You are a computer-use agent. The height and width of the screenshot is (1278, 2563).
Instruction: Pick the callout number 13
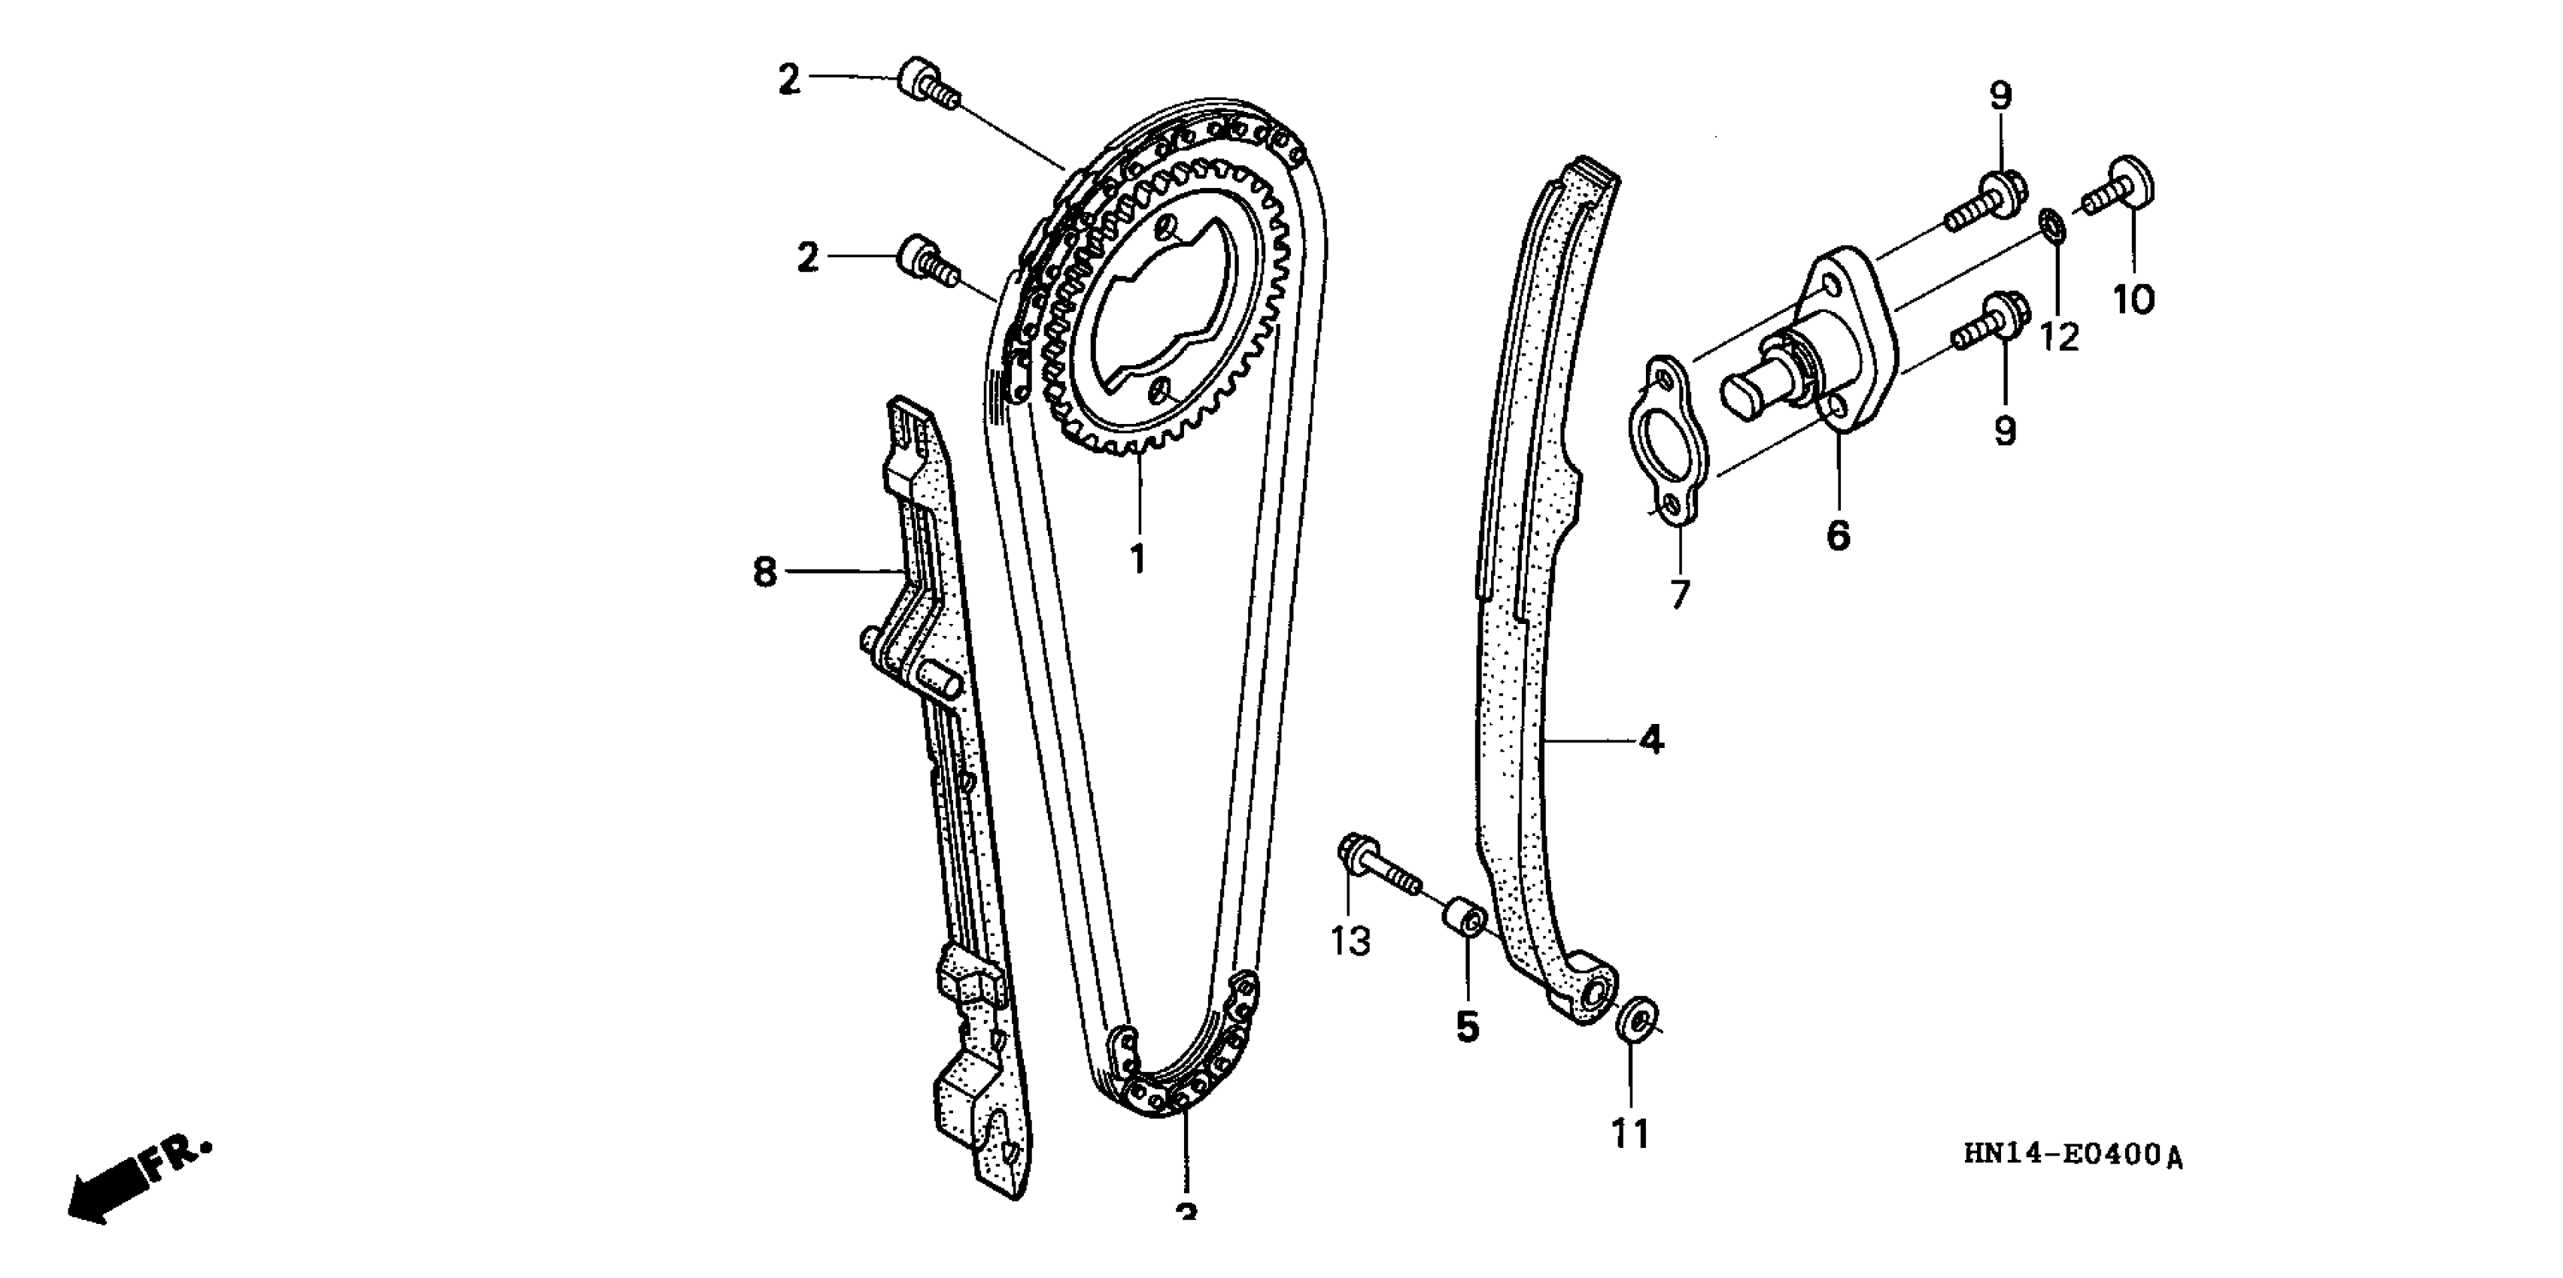coord(1351,940)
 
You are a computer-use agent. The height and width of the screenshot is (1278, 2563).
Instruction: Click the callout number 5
coord(1468,1025)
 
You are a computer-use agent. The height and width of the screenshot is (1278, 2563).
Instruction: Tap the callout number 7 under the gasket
coord(1680,595)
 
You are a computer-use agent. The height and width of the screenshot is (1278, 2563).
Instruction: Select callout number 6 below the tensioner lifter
coord(1838,535)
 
